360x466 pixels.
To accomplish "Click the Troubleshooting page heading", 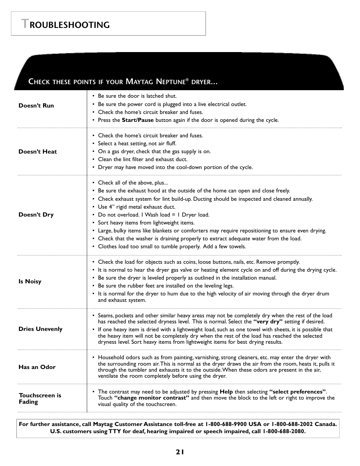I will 66,25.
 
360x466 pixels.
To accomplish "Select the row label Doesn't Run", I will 36,106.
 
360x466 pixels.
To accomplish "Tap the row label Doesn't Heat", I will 38,152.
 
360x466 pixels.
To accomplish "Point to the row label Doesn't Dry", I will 36,215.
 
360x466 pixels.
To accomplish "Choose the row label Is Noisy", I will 30,281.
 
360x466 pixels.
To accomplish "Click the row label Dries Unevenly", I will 40,329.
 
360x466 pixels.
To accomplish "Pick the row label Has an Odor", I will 37,367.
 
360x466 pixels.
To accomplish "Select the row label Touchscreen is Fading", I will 40,398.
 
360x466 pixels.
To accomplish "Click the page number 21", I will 180,452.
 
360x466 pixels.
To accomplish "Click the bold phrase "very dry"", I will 268,322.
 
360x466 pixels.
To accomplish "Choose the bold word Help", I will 226,392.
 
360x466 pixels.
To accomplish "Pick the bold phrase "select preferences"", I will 297,392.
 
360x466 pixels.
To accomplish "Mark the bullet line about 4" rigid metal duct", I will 136,207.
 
